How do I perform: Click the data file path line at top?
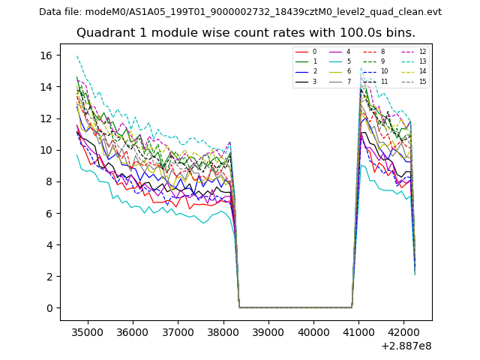240,12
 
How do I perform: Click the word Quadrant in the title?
103,33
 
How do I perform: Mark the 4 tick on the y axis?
52,245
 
